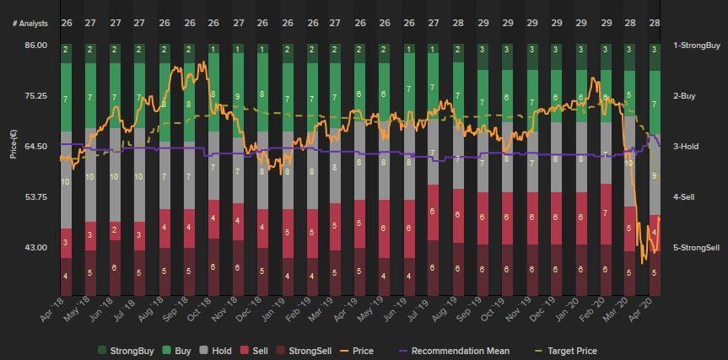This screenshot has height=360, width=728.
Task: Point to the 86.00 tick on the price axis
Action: coord(35,46)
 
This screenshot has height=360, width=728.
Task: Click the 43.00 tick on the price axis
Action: coord(35,248)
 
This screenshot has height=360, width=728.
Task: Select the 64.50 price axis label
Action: coord(35,147)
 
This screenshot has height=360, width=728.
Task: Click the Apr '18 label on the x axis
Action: coord(52,309)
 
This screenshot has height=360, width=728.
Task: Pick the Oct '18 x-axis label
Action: coord(199,309)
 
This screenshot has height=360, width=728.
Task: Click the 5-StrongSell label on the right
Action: coord(696,248)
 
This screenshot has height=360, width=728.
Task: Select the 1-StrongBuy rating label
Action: coord(696,46)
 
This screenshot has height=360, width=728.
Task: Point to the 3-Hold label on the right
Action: coord(686,147)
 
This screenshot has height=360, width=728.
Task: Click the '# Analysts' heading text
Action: coord(30,24)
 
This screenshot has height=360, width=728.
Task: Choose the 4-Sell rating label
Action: coord(684,197)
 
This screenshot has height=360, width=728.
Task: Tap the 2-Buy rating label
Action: coord(684,96)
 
